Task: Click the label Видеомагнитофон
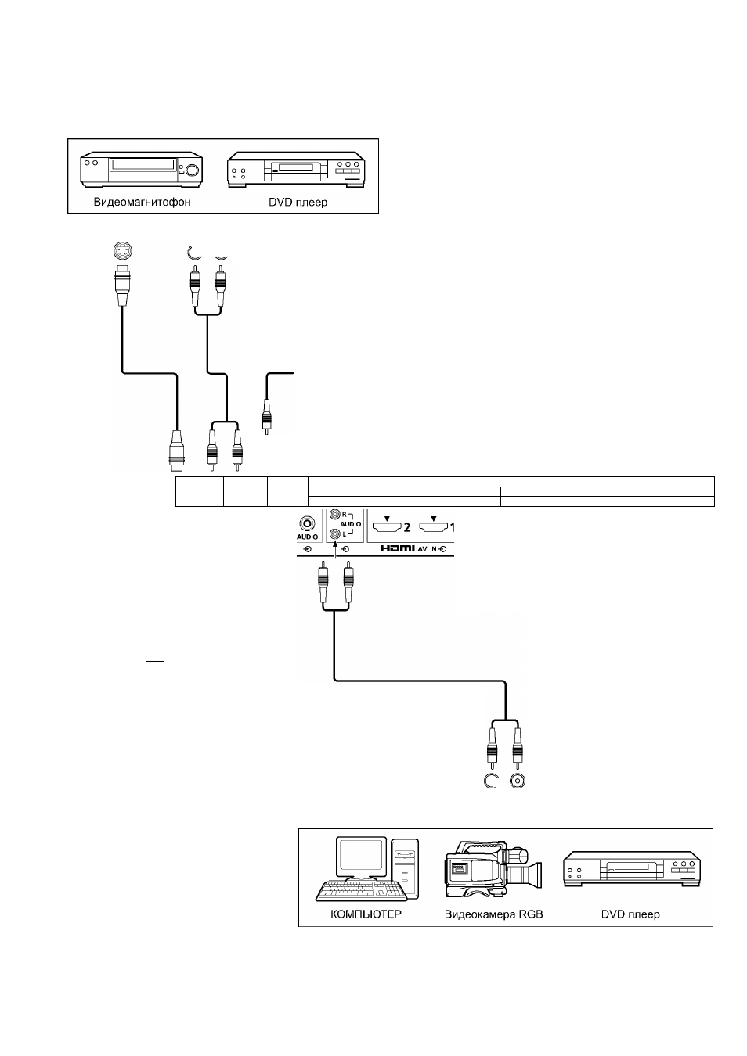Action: pos(142,203)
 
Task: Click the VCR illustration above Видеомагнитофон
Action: pos(141,169)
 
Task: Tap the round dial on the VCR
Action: pos(192,170)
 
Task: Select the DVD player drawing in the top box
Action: pos(296,169)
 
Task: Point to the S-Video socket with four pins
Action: pos(123,251)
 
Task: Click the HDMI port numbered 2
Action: pos(387,526)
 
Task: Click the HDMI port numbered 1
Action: pos(433,526)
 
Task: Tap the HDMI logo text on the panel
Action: pos(397,549)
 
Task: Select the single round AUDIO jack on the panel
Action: pos(307,524)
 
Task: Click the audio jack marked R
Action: pos(334,513)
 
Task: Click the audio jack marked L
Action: pos(334,534)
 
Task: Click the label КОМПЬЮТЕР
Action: pos(366,914)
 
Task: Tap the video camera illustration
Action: pos(493,868)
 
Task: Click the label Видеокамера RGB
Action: pos(493,914)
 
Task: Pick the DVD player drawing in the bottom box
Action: pos(631,869)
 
